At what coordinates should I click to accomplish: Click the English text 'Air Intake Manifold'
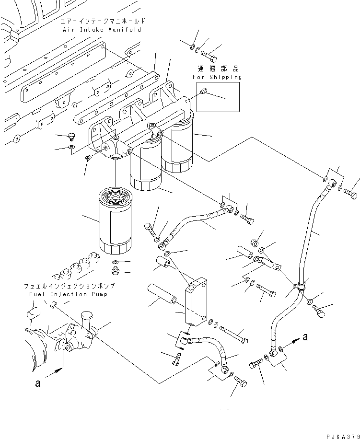click(x=102, y=30)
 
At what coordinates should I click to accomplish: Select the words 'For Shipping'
click(x=217, y=77)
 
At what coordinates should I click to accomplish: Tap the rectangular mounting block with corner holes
click(x=197, y=300)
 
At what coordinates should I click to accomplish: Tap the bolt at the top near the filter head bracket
click(x=210, y=56)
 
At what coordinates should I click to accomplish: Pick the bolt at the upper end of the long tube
click(x=350, y=194)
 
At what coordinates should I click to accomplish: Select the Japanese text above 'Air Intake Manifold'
click(x=102, y=22)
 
